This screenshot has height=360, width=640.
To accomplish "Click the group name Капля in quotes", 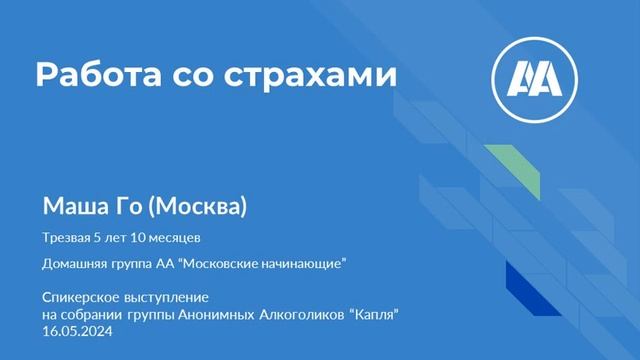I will (375, 316).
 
